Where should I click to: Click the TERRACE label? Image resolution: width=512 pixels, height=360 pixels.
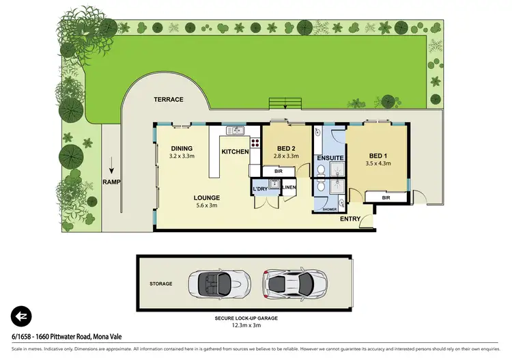[x=168, y=100]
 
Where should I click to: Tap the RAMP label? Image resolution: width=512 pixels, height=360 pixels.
[x=111, y=182]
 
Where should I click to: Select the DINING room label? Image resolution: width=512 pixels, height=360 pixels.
[x=182, y=148]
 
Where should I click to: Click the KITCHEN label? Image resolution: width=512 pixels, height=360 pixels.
[x=234, y=152]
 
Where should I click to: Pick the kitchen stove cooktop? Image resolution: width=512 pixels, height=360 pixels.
[x=255, y=143]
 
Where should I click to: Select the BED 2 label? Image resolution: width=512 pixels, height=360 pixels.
[x=287, y=149]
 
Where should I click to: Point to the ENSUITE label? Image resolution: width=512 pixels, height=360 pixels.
[x=329, y=158]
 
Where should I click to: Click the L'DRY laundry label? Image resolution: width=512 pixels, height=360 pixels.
[x=260, y=188]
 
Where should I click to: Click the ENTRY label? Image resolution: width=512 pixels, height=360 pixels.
[x=350, y=219]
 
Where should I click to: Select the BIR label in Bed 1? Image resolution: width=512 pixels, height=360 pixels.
[x=386, y=198]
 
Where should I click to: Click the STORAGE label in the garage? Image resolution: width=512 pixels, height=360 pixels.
[x=161, y=283]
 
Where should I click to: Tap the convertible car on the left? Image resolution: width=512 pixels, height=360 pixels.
[x=214, y=282]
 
